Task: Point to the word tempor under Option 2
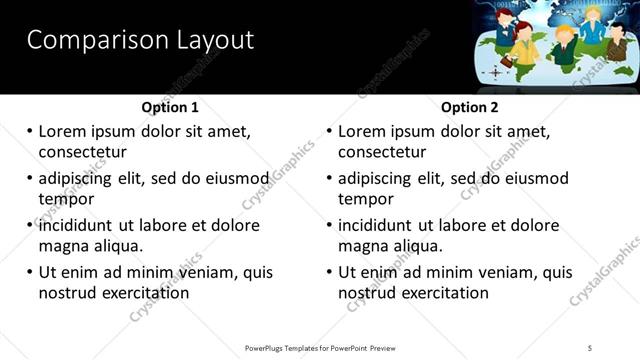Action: tap(366, 199)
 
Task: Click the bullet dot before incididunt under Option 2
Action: tap(329, 225)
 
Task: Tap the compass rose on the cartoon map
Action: tap(494, 73)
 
